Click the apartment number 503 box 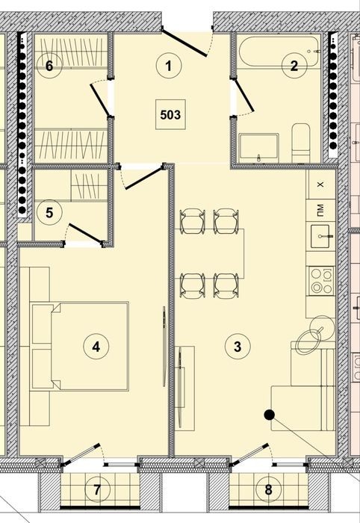point(171,114)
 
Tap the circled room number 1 point(169,66)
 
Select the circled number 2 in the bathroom point(294,66)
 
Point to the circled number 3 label point(238,347)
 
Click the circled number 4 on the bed point(96,347)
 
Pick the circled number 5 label point(49,213)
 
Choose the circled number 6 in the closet point(49,66)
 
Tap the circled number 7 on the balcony point(96,490)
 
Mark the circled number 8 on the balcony point(269,490)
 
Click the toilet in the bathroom point(301,143)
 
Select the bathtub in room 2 point(279,52)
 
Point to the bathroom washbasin point(259,149)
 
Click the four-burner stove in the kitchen point(321,281)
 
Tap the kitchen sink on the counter point(320,236)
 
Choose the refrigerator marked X point(320,185)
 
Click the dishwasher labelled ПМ point(320,211)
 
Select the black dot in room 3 point(270,415)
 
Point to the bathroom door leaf point(243,96)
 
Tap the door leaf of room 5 point(85,233)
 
